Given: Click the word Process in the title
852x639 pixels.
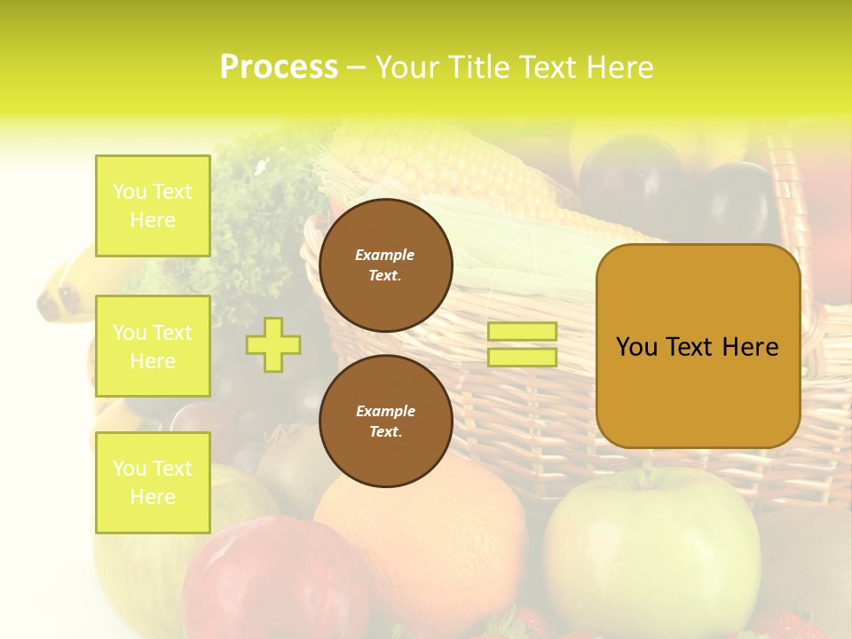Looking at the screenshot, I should click(279, 67).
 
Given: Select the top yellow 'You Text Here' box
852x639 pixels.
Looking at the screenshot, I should click(153, 206).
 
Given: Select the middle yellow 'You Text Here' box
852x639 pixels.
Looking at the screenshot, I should click(153, 346).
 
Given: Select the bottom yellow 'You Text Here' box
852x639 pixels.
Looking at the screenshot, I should click(153, 483).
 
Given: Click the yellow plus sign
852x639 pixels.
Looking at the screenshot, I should click(273, 344).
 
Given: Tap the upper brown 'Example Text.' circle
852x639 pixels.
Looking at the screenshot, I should click(385, 265).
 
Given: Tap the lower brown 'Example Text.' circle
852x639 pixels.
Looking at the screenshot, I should click(385, 422).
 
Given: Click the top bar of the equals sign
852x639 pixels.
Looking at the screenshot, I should click(522, 332).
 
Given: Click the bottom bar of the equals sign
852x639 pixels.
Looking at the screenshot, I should click(522, 357).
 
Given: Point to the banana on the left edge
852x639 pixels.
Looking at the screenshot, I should click(67, 284).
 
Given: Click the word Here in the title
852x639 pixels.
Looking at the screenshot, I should click(621, 67).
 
